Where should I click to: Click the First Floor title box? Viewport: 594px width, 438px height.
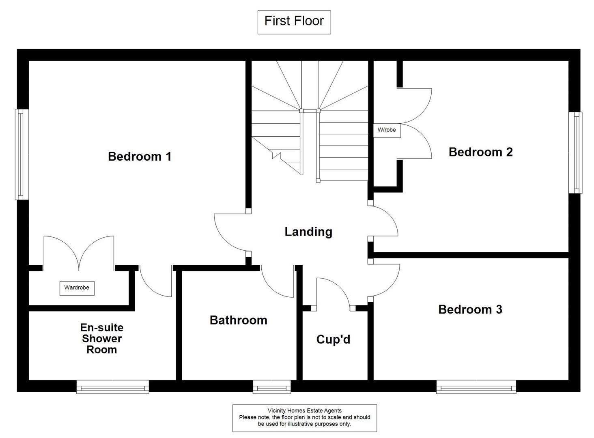pos(294,22)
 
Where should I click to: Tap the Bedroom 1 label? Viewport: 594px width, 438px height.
pos(140,156)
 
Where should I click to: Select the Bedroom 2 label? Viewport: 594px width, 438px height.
pos(480,152)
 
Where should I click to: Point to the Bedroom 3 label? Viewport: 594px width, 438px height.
pos(470,309)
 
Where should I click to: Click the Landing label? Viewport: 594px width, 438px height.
pos(308,232)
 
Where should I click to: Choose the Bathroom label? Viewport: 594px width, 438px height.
pos(238,320)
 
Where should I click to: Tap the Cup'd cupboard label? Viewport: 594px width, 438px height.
pos(333,339)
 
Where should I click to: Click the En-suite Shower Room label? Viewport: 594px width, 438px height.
pos(101,338)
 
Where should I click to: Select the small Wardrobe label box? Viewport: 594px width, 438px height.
pos(77,288)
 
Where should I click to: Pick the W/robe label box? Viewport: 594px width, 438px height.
pos(387,130)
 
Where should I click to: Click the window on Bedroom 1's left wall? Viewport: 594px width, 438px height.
pos(22,154)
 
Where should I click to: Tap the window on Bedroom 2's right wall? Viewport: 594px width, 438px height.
pos(575,152)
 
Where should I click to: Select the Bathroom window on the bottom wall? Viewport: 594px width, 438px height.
pos(272,387)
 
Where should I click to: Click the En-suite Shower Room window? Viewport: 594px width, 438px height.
pos(113,387)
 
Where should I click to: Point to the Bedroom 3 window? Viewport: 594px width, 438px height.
pos(476,387)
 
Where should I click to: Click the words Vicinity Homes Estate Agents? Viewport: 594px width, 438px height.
pos(304,410)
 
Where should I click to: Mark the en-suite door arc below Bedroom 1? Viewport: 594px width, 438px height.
pos(154,283)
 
